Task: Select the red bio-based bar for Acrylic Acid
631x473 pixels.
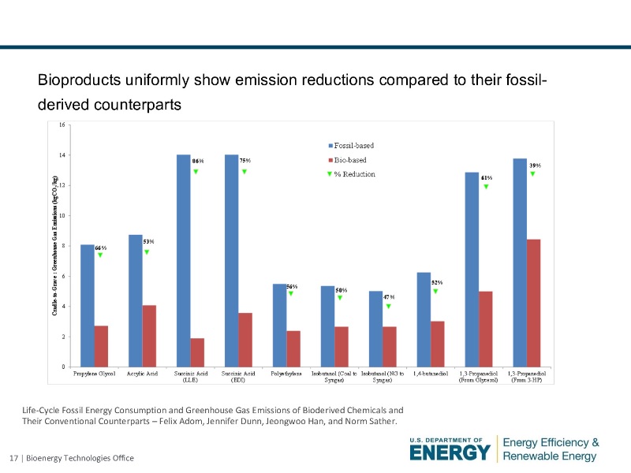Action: point(149,336)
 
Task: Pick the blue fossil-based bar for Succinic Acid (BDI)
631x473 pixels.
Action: point(232,260)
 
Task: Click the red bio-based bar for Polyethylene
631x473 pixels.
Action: point(293,348)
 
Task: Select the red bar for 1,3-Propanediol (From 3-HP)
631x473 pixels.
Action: point(533,303)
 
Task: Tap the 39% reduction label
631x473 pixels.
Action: point(534,165)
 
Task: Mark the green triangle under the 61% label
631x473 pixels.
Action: point(487,187)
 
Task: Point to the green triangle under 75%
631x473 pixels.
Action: point(245,171)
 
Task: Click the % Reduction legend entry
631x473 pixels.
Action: point(352,174)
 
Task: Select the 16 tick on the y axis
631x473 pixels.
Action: point(62,125)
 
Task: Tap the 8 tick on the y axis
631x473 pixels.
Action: point(63,246)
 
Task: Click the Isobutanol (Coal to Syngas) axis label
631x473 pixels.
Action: point(334,377)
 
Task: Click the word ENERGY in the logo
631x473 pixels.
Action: point(450,453)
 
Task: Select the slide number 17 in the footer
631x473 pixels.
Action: point(13,459)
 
